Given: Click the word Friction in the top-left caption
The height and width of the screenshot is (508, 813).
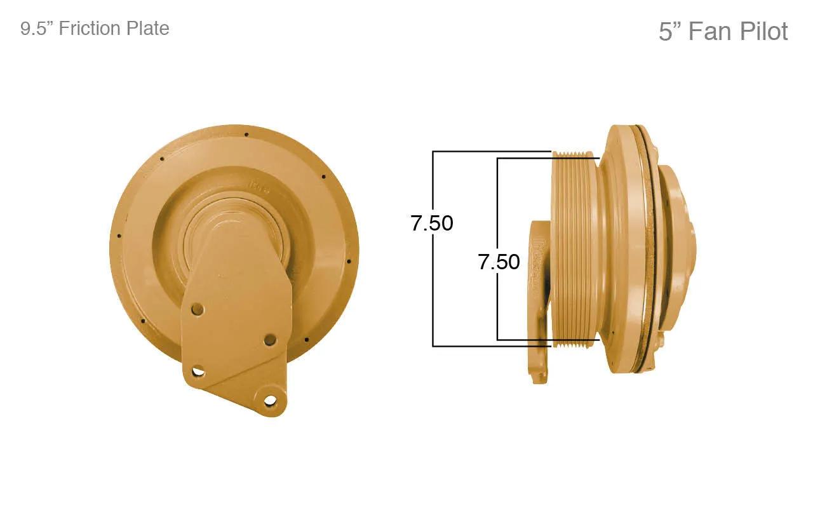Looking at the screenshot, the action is (90, 29).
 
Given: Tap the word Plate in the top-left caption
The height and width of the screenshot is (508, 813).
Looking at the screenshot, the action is (148, 29).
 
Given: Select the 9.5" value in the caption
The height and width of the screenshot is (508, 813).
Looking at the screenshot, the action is (37, 29).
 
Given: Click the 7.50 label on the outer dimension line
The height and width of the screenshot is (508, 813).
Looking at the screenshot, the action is (432, 223).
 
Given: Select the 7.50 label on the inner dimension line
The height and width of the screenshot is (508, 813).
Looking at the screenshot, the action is (499, 262).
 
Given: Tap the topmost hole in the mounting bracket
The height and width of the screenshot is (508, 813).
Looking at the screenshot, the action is (198, 309).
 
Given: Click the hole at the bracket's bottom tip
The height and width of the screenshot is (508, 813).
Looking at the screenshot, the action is (269, 401).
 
